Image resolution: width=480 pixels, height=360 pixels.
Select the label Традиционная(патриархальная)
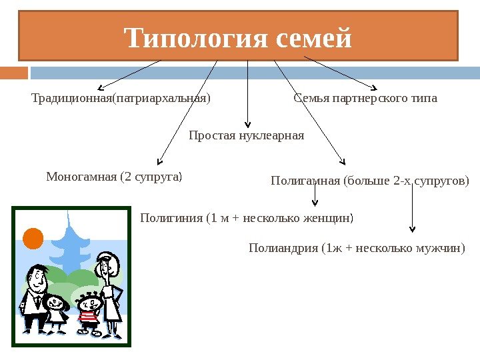tap(121, 99)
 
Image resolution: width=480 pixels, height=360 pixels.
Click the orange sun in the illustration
tap(33, 237)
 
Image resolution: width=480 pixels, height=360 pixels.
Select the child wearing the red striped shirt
tap(89, 313)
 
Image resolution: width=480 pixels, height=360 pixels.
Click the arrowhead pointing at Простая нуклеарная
tap(248, 123)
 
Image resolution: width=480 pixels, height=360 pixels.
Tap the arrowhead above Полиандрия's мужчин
tap(413, 229)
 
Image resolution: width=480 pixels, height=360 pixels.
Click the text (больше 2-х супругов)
tap(406, 181)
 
